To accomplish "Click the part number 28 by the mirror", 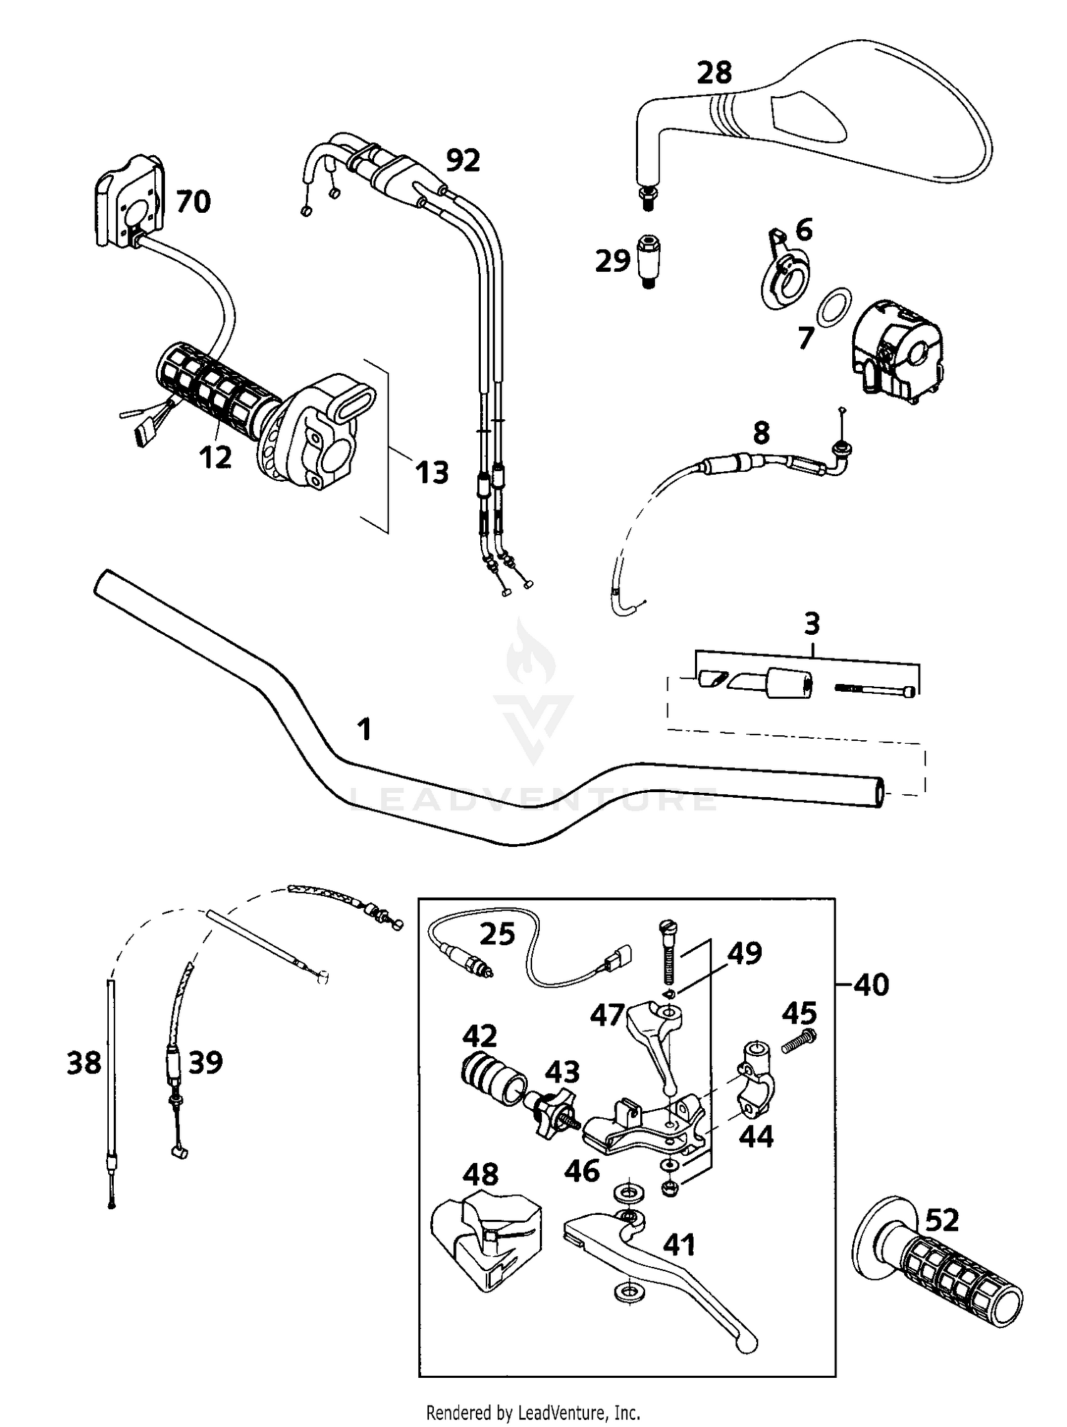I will coord(714,73).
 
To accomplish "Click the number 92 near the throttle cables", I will coord(462,161).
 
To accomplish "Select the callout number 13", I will coord(432,472).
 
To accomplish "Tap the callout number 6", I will coord(803,231).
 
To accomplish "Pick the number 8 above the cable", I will coord(761,433).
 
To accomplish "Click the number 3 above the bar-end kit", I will coord(812,624).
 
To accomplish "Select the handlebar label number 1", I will coord(364,730).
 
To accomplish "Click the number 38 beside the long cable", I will coord(84,1063).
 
